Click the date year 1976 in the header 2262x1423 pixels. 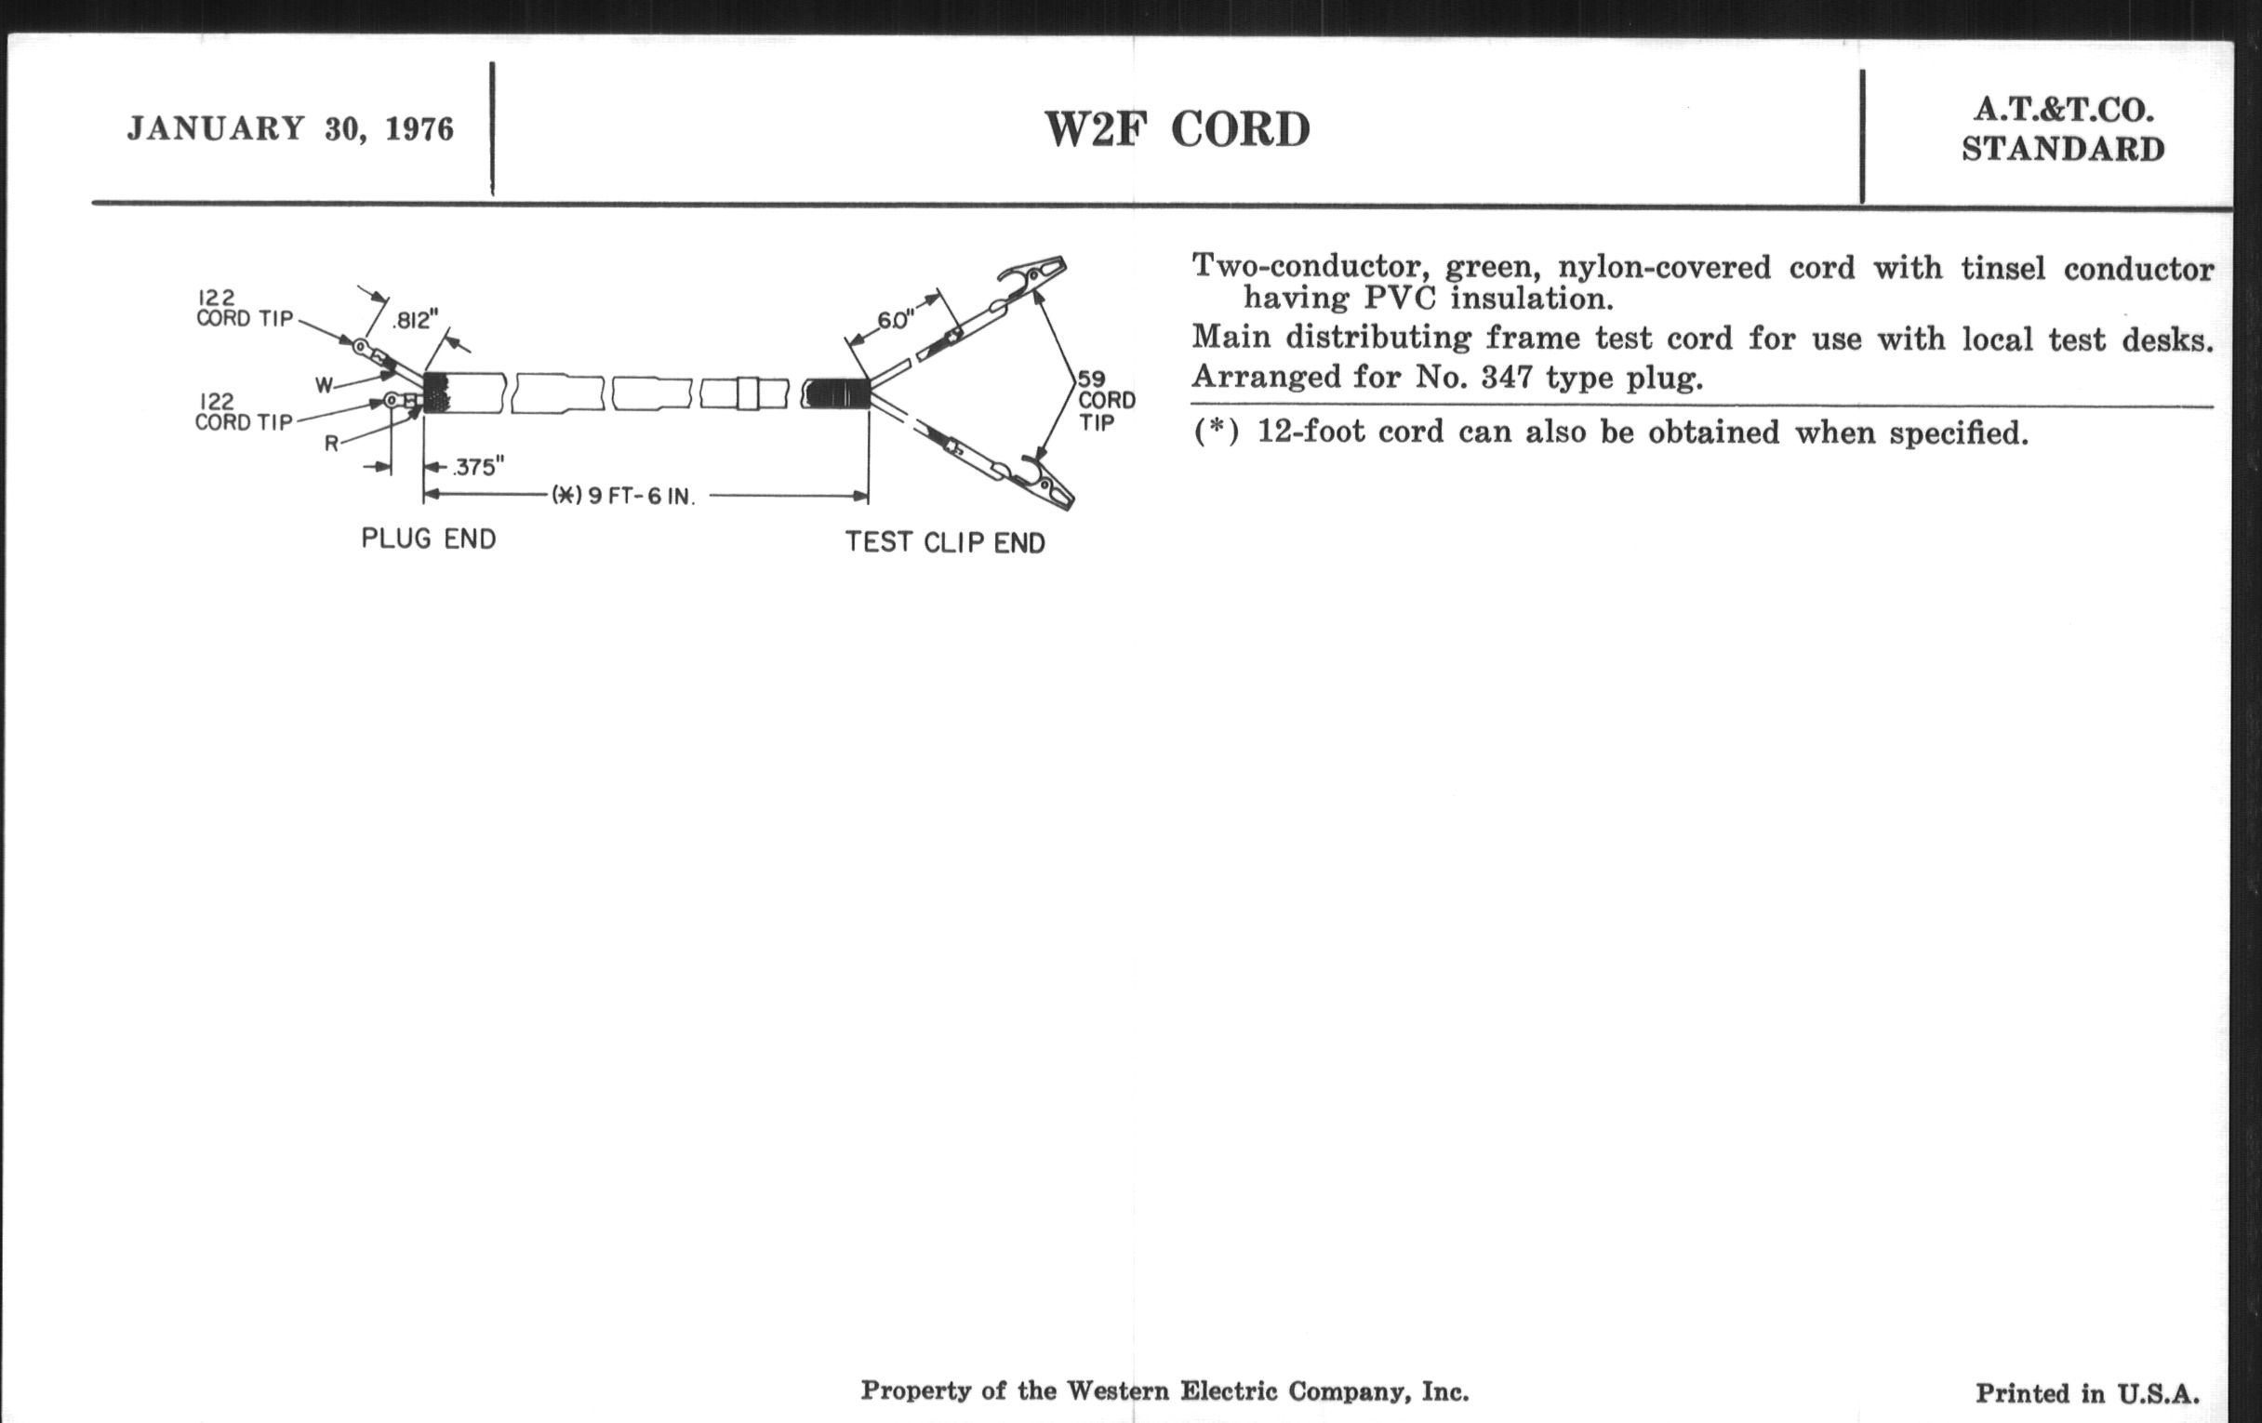(x=419, y=128)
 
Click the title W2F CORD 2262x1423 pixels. (x=1177, y=129)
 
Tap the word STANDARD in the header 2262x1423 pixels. (x=2063, y=150)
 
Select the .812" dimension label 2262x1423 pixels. (x=415, y=320)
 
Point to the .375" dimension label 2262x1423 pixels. (x=479, y=467)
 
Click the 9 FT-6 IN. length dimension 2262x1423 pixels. (x=624, y=496)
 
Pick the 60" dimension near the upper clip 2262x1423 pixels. (x=895, y=320)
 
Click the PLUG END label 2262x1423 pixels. (x=429, y=539)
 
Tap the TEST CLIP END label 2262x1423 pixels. (x=945, y=542)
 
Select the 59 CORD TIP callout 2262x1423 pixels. (x=1106, y=401)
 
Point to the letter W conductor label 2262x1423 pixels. (x=324, y=385)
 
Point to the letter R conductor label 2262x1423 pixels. (x=332, y=444)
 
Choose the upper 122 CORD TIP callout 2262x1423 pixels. (x=245, y=308)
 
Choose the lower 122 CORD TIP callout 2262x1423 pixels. (x=244, y=412)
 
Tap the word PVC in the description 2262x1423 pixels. (x=1400, y=299)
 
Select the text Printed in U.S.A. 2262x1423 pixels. (x=2087, y=1394)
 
